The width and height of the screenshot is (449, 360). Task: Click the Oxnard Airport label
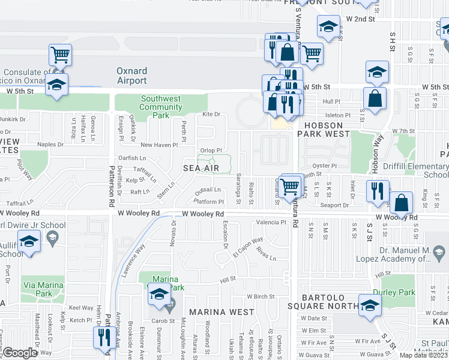pos(131,76)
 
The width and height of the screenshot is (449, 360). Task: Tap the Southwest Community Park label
pos(160,107)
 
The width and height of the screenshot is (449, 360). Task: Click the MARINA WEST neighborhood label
pos(221,312)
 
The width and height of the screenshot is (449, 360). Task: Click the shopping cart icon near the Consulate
pos(60,55)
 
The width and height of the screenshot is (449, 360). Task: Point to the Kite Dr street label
pos(211,114)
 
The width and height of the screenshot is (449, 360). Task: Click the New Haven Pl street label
pos(159,145)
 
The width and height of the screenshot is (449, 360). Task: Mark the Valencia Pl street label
pos(271,222)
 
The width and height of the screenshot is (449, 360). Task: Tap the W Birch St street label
pos(259,296)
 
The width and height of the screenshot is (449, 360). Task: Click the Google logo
pos(19,353)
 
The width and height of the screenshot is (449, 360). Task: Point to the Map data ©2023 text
pos(424,355)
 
